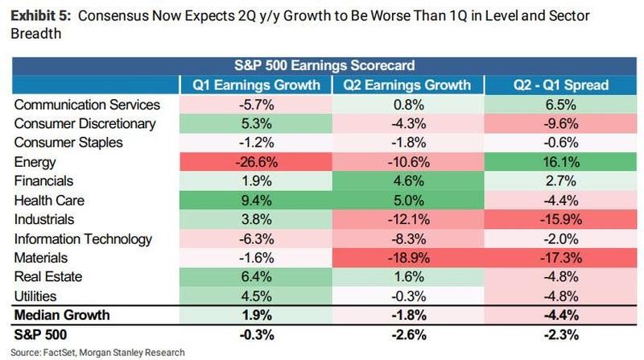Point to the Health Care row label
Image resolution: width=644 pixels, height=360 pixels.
click(x=48, y=201)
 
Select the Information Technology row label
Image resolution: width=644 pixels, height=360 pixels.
click(x=83, y=239)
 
